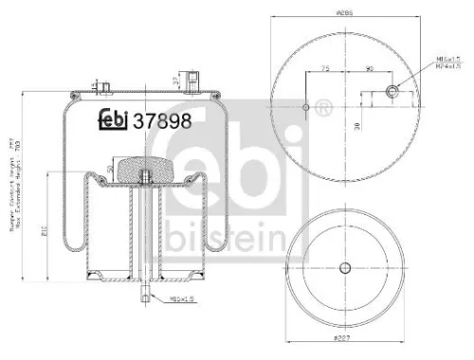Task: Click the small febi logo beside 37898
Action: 114,120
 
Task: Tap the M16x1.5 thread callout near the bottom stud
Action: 182,298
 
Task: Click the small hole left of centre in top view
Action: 305,107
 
